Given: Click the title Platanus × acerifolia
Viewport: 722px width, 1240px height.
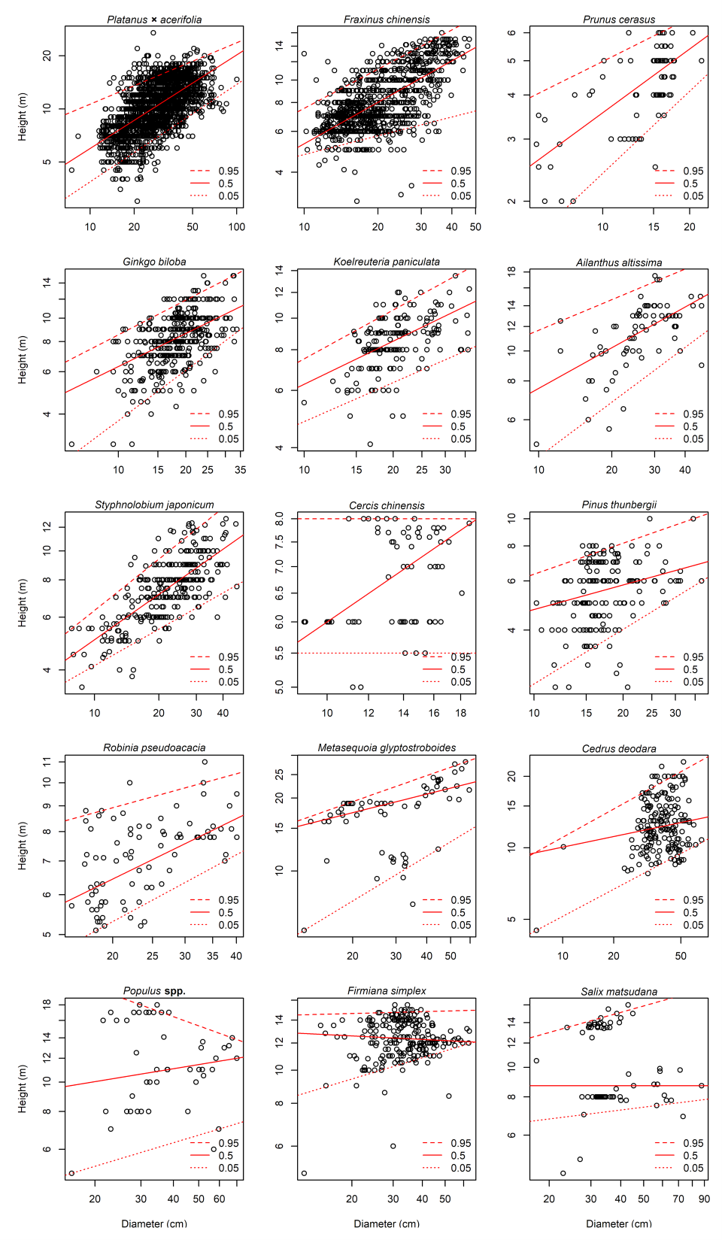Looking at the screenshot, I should click(x=154, y=20).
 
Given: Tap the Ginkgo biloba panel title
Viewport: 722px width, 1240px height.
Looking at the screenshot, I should click(x=154, y=262).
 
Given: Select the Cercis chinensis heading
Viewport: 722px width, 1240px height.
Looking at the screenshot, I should click(x=387, y=505).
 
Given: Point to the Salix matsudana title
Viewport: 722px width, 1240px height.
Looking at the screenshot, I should click(x=619, y=992).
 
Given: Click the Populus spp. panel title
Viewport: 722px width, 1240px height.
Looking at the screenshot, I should click(x=154, y=991).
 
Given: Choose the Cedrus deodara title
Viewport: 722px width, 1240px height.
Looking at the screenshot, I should click(x=619, y=749).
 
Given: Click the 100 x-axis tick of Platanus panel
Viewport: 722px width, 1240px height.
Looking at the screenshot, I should click(x=237, y=227).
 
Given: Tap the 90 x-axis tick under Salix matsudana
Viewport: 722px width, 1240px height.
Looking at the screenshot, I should click(x=704, y=1199).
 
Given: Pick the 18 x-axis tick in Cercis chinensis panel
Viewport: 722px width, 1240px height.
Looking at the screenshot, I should click(x=461, y=713).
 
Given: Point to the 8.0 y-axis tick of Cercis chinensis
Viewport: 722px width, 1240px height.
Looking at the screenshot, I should click(x=280, y=519).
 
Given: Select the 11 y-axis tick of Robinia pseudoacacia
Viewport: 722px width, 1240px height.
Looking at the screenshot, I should click(x=47, y=762).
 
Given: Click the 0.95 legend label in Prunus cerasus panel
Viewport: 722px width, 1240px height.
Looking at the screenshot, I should click(x=693, y=171).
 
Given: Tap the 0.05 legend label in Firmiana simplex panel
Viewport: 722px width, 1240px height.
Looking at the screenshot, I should click(x=461, y=1168).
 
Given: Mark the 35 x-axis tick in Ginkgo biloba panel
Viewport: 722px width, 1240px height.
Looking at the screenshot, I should click(x=240, y=470).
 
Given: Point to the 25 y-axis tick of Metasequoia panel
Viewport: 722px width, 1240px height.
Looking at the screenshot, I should click(x=280, y=774).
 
